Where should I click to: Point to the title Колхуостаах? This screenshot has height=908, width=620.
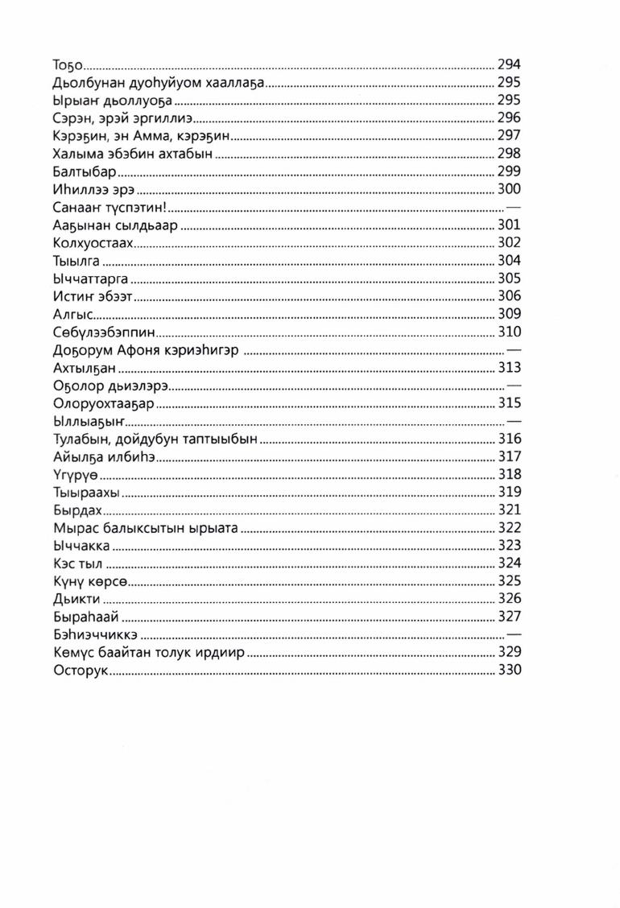[x=93, y=243]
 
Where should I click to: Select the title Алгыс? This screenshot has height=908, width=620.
[x=73, y=314]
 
